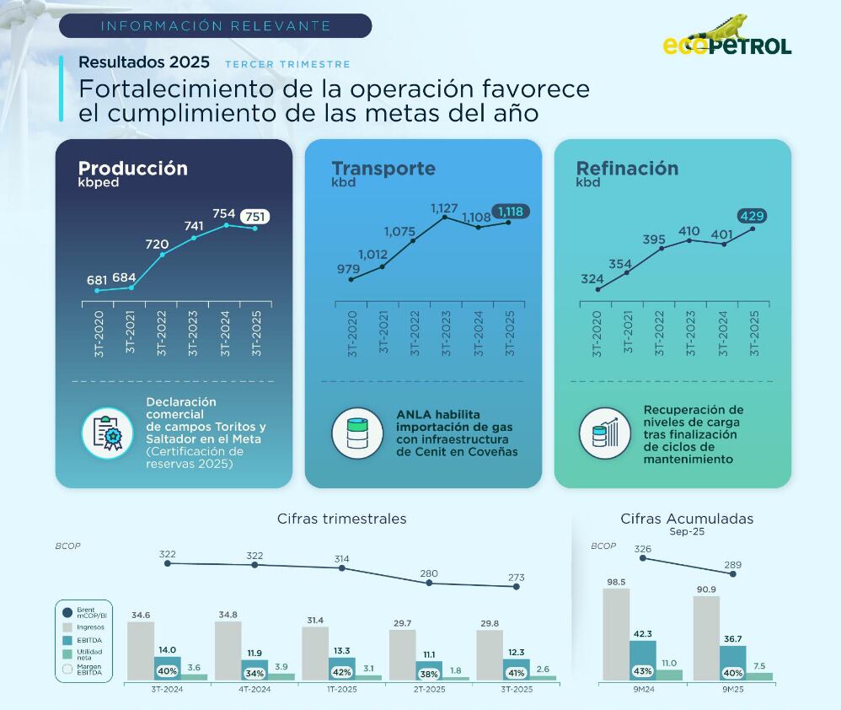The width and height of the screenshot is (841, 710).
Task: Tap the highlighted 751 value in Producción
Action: (254, 217)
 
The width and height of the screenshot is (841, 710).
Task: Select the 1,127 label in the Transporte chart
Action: (444, 207)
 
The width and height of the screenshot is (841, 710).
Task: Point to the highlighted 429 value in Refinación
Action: (752, 217)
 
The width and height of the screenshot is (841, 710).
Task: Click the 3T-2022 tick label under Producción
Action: (162, 333)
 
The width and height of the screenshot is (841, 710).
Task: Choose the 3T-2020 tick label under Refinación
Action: (597, 334)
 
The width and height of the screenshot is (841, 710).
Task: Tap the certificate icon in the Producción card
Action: (107, 433)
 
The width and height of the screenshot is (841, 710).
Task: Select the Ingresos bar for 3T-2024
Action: (141, 651)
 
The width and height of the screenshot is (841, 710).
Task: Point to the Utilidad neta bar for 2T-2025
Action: (456, 678)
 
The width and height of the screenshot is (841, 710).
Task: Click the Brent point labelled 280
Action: (430, 583)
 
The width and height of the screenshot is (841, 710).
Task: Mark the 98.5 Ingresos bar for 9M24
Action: (616, 634)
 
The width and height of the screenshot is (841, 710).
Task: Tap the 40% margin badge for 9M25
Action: (732, 673)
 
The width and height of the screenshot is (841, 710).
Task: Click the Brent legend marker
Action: (67, 611)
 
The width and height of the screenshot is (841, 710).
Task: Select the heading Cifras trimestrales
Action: (341, 519)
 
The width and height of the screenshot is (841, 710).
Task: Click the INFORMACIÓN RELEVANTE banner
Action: (215, 25)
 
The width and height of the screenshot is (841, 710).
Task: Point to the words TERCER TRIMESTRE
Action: (287, 64)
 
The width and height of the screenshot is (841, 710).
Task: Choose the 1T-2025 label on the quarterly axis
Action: (341, 689)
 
